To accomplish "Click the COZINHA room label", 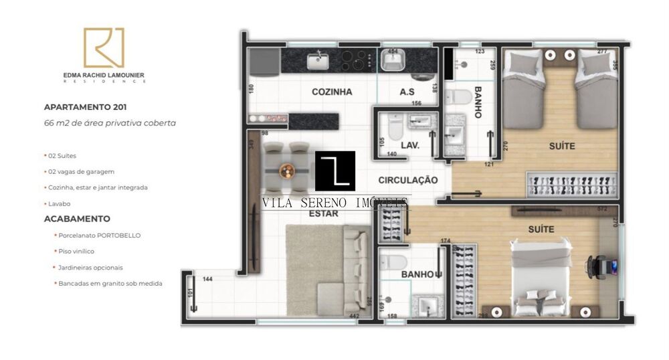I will pos(332,92).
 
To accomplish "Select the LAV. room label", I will pos(410,144).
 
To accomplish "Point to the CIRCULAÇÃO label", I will pos(407,180).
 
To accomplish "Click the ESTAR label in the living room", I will pos(323,213).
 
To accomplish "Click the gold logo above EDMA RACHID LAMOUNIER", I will pos(104,48).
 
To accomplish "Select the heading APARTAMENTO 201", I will pos(85,106).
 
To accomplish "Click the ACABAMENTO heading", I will pos(77,218).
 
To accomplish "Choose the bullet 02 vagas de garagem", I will pos(81,171).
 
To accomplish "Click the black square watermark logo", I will pos(334,171).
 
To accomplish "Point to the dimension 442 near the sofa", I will pos(355,317).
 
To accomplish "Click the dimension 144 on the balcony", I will pos(208,279).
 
